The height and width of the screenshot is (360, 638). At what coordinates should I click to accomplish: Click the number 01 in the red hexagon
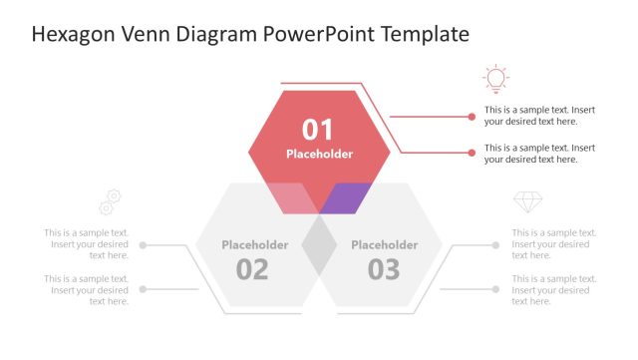[x=318, y=129]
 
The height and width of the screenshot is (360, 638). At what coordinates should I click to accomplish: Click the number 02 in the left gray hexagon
[x=252, y=268]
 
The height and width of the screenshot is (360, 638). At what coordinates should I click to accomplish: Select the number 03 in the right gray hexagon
[x=384, y=268]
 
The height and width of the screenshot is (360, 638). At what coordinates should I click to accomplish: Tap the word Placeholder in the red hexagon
[x=319, y=154]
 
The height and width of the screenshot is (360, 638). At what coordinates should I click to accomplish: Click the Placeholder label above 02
[x=254, y=244]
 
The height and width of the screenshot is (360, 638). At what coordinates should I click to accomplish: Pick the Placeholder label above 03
[x=384, y=244]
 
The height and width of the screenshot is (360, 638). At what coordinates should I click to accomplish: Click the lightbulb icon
[x=494, y=79]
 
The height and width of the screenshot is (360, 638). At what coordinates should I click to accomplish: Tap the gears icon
[x=110, y=202]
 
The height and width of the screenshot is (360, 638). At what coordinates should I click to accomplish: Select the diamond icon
[x=527, y=202]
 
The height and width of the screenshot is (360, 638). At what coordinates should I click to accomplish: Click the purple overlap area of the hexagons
[x=347, y=196]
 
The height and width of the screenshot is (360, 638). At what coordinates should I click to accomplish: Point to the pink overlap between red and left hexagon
[x=292, y=197]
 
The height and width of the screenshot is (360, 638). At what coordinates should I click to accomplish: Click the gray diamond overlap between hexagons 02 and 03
[x=319, y=245]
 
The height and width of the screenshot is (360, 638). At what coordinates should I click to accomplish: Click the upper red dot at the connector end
[x=472, y=116]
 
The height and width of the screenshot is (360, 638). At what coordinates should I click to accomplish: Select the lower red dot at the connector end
[x=472, y=153]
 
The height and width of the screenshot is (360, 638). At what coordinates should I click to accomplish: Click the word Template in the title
[x=425, y=35]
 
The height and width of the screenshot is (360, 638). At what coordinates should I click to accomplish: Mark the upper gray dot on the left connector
[x=144, y=244]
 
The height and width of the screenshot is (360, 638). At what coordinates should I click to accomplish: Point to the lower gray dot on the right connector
[x=495, y=289]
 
